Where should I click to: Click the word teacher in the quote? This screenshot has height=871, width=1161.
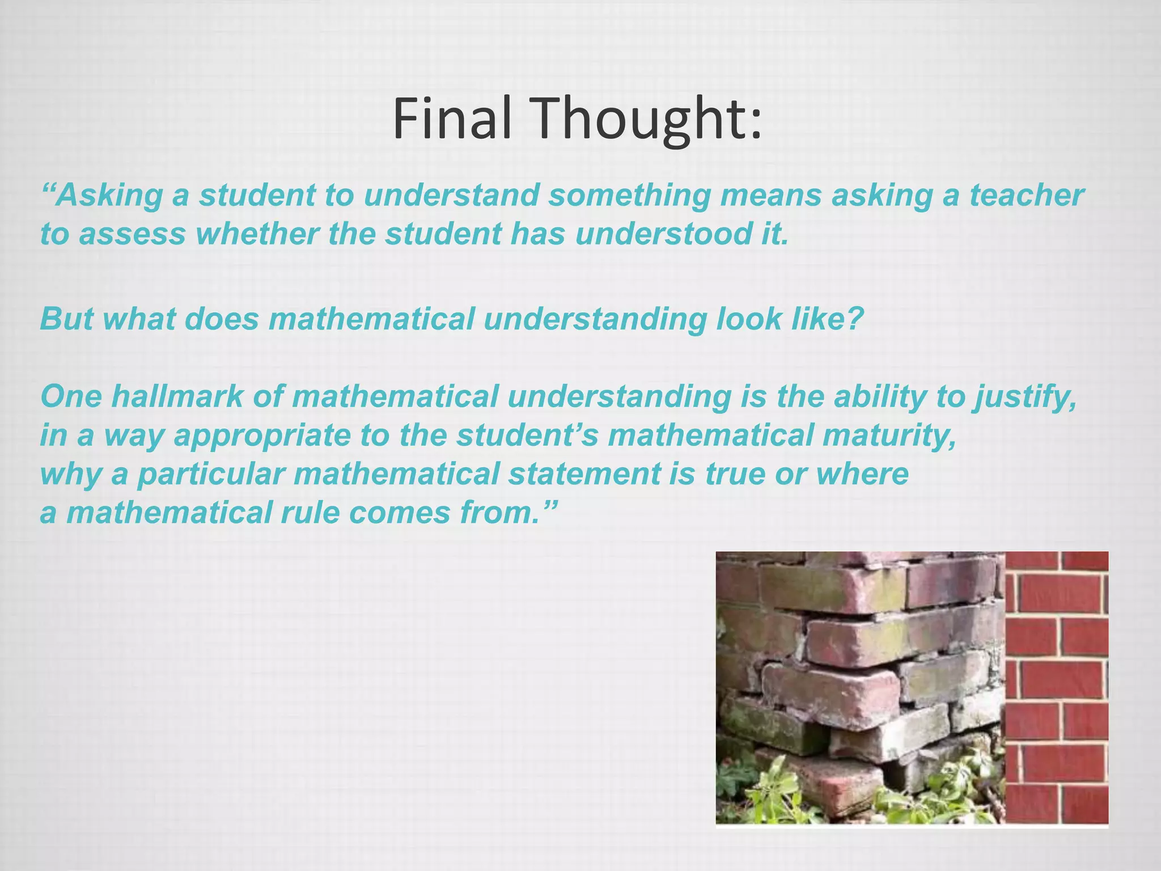[1027, 195]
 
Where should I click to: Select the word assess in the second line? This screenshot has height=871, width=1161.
[132, 234]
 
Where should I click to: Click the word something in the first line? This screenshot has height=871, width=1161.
[629, 195]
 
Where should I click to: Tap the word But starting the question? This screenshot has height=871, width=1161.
[66, 319]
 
